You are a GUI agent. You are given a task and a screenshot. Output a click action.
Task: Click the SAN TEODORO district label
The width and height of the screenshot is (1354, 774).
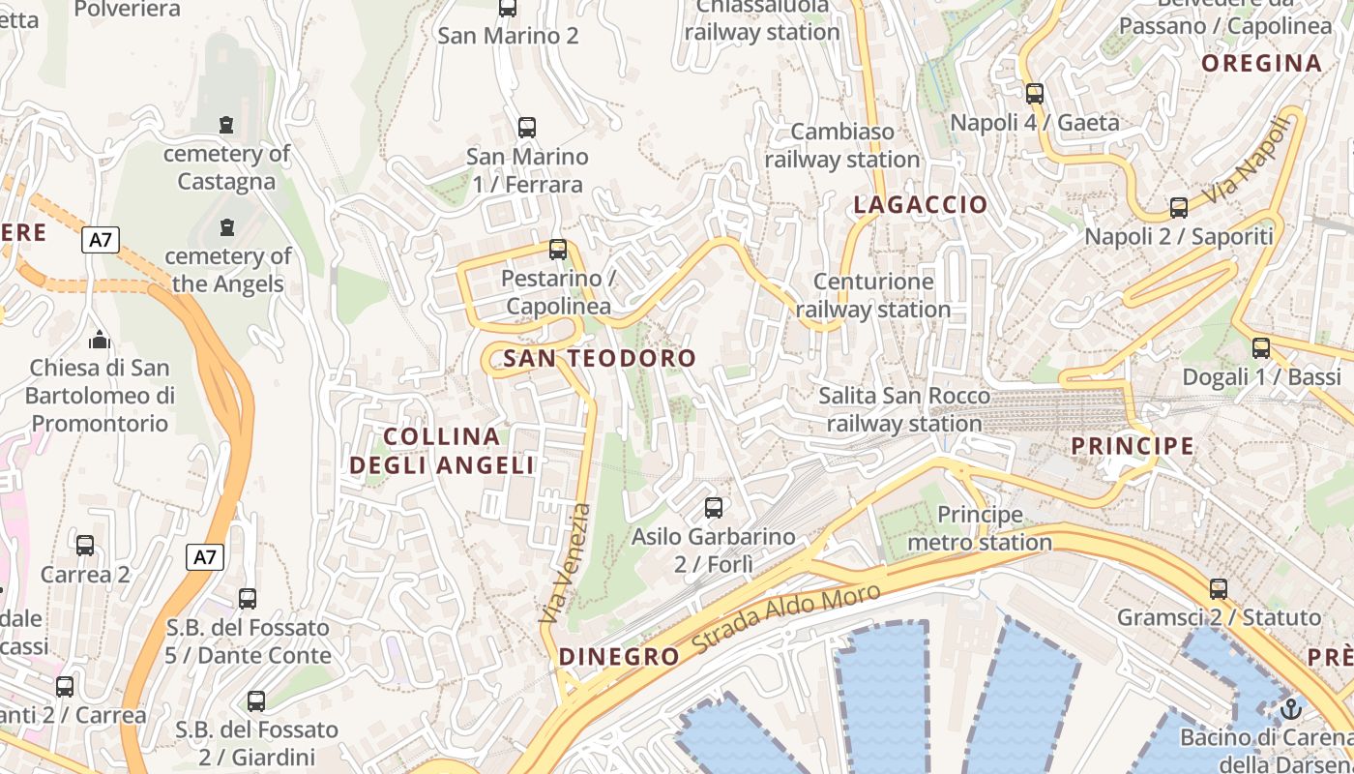click(x=600, y=358)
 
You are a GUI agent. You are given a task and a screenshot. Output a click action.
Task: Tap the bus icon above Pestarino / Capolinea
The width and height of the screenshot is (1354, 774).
click(x=558, y=249)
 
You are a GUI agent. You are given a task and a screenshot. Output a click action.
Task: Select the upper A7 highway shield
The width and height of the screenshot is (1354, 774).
click(x=100, y=240)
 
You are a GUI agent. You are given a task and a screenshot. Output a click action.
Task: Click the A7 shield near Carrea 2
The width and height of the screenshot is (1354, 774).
click(x=205, y=557)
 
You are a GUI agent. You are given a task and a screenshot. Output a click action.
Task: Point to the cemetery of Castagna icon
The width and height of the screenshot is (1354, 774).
click(x=226, y=125)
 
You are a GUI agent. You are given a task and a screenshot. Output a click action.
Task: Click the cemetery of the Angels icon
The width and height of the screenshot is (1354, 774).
click(x=227, y=227)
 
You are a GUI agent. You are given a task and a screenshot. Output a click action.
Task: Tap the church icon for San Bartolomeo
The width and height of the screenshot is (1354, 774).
click(x=99, y=340)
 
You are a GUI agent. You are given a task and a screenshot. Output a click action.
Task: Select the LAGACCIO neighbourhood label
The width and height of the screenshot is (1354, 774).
click(x=921, y=204)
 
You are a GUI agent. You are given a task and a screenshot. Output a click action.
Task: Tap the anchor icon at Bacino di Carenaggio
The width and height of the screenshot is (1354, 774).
click(x=1290, y=709)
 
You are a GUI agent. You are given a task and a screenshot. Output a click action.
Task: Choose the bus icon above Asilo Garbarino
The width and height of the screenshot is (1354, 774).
click(x=714, y=507)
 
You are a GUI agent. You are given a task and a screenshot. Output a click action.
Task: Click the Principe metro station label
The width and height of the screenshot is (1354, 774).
click(x=980, y=528)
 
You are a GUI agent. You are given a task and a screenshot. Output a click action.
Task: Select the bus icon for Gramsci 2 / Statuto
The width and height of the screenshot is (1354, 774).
click(x=1219, y=588)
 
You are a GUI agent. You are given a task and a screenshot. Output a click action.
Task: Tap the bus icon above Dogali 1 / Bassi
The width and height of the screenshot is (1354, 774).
click(x=1261, y=348)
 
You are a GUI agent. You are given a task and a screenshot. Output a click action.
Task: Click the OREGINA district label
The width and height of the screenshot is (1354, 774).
click(x=1261, y=64)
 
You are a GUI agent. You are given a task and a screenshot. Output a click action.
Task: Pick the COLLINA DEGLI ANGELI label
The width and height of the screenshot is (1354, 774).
click(x=442, y=451)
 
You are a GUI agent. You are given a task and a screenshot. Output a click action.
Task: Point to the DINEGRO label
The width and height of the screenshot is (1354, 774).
click(x=619, y=657)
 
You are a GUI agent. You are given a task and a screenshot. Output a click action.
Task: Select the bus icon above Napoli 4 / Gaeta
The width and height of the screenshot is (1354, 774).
click(x=1035, y=94)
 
